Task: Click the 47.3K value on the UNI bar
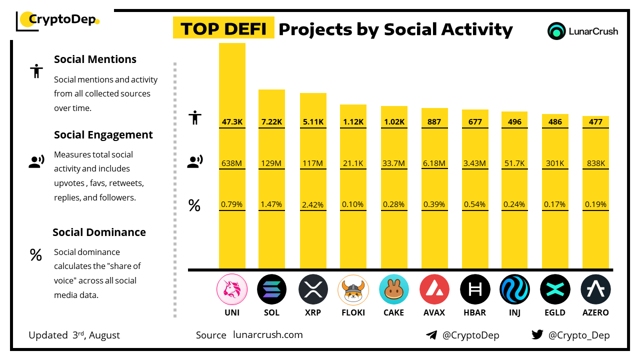[232, 121]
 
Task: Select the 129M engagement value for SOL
[271, 163]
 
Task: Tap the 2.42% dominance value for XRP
[313, 204]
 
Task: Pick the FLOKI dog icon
[353, 289]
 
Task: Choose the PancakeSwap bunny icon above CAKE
[394, 289]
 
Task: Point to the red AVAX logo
[434, 289]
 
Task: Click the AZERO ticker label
[595, 312]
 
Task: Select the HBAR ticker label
[474, 312]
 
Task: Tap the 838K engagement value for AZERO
[595, 163]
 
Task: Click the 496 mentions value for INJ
[514, 121]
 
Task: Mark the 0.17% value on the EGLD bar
[555, 204]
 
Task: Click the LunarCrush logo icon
[556, 31]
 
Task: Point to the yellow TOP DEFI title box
[223, 28]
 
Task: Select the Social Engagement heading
[103, 135]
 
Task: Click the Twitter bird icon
[537, 335]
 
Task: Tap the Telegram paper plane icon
[431, 335]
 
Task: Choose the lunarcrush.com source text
[268, 335]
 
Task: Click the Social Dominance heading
[99, 232]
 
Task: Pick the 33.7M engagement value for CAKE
[394, 163]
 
